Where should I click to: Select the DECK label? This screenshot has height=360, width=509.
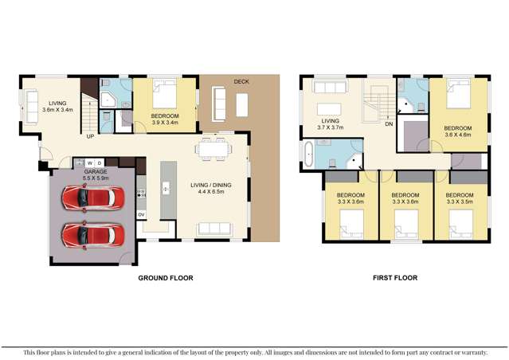click(x=242, y=82)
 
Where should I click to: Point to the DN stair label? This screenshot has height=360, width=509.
click(x=388, y=125)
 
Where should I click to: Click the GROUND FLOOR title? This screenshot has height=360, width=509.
click(x=166, y=278)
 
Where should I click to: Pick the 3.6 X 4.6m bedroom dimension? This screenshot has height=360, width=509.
click(x=458, y=135)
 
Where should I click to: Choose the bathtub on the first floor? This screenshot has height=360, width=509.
click(x=308, y=155)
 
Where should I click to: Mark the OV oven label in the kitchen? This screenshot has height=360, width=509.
click(x=141, y=214)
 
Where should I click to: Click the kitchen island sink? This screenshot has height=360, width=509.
click(x=166, y=190)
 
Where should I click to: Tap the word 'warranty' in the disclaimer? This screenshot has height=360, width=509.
click(x=469, y=351)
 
